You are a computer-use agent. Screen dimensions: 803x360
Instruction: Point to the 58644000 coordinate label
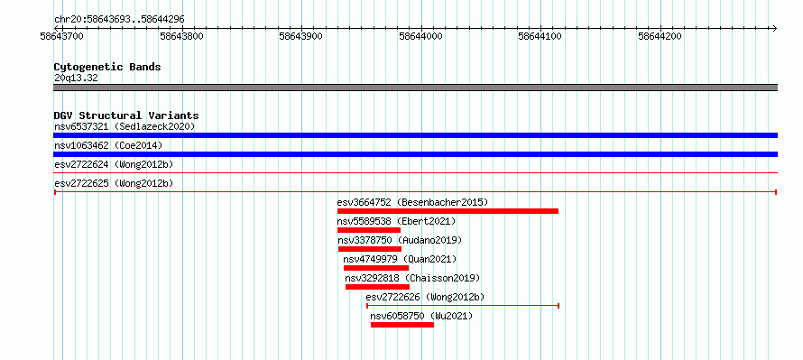(x=421, y=36)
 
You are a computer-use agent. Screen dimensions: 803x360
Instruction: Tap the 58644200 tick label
(x=660, y=36)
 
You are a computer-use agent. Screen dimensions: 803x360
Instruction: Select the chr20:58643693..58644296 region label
(x=119, y=20)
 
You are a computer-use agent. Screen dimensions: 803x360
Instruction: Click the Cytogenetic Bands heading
(x=107, y=67)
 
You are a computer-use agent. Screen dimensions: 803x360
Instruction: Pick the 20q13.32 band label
(x=76, y=78)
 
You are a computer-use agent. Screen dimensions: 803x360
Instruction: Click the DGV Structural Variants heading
(x=126, y=115)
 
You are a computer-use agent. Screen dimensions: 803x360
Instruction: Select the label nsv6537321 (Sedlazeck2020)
(x=125, y=126)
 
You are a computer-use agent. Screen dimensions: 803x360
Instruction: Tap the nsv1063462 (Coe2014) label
(x=108, y=145)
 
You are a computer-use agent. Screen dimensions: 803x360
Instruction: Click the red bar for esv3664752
(x=448, y=211)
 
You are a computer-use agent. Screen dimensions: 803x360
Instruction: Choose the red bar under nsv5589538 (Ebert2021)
(x=369, y=230)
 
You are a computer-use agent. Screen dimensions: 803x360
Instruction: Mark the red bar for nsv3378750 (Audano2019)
(x=370, y=249)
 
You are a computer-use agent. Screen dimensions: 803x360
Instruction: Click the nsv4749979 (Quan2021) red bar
(x=376, y=268)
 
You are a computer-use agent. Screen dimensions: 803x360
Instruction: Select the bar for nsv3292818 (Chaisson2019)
(x=377, y=287)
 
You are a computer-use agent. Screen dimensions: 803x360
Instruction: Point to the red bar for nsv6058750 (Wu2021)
(x=402, y=325)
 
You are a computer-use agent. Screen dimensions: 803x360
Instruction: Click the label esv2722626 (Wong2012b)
(x=425, y=297)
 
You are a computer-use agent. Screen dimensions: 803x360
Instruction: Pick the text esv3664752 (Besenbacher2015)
(x=412, y=202)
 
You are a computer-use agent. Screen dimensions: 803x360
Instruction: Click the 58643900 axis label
(x=301, y=36)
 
